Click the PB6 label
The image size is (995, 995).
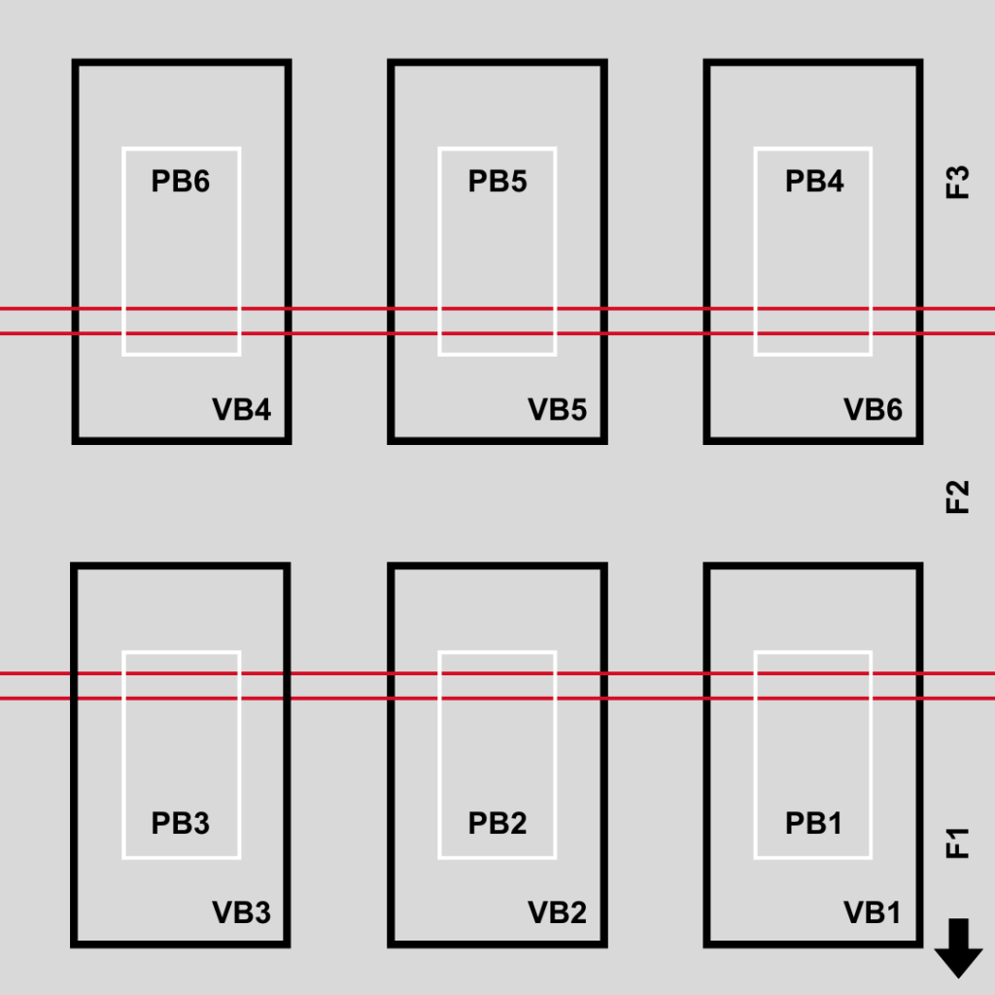click(x=181, y=182)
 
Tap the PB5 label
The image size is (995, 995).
click(x=497, y=182)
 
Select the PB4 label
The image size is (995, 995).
click(x=814, y=182)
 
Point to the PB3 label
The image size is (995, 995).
click(x=181, y=823)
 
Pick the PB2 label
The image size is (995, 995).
click(x=497, y=823)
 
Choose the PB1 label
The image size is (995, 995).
click(x=814, y=823)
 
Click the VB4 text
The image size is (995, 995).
click(x=242, y=410)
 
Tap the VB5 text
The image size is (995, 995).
click(x=558, y=410)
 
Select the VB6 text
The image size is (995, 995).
click(x=873, y=410)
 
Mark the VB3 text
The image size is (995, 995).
click(x=242, y=913)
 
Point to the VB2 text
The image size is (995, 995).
click(x=558, y=913)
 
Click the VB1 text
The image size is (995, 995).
click(x=873, y=913)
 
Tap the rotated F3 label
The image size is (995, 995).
click(x=958, y=183)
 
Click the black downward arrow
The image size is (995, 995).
click(x=959, y=947)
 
